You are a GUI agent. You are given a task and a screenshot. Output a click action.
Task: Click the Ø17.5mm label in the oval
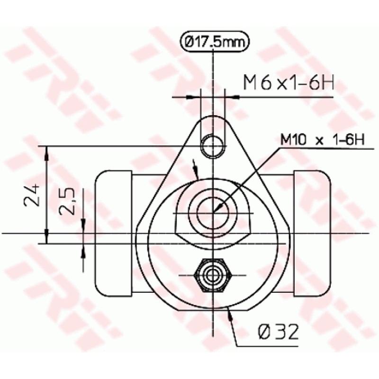coord(215,42)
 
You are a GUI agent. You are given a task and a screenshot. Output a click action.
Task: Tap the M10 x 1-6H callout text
coord(321,140)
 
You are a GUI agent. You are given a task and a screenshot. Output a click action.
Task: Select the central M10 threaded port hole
coord(213,210)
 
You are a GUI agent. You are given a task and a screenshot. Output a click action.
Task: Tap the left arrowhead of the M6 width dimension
coord(190,97)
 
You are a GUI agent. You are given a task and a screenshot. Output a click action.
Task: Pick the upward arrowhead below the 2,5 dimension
coord(83,251)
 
